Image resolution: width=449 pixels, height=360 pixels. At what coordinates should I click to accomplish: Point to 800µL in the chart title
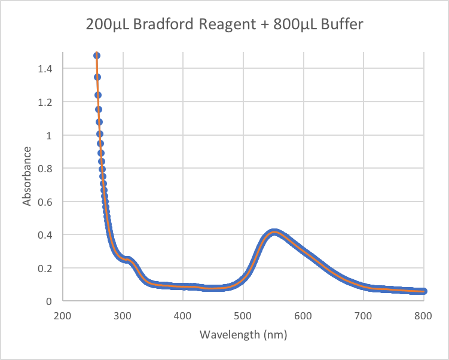tap(284, 26)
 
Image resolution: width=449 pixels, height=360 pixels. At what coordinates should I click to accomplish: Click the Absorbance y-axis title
tap(28, 178)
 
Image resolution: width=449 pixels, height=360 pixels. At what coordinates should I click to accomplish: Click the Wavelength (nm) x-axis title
tap(243, 334)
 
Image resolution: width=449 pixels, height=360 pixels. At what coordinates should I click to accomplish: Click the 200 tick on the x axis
tap(63, 315)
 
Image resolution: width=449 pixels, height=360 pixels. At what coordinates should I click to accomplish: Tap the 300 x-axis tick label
tap(123, 315)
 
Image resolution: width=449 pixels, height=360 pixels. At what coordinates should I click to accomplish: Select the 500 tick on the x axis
tap(243, 315)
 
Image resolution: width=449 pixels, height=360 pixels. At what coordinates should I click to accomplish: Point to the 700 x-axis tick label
tap(364, 315)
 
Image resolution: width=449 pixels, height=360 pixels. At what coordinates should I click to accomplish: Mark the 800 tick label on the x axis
tap(423, 315)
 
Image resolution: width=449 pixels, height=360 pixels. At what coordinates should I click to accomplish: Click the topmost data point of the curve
tap(96, 56)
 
